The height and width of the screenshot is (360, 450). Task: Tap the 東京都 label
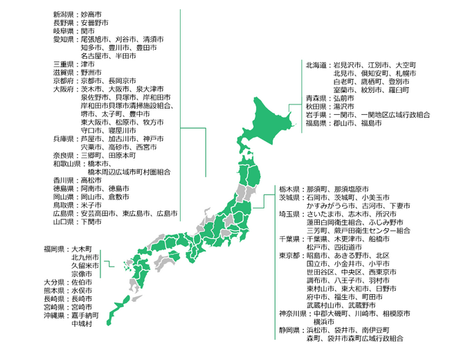click(290, 255)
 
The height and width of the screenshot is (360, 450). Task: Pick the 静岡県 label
click(290, 330)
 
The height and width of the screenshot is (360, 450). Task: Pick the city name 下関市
click(92, 222)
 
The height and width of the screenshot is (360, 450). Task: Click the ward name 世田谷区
click(322, 272)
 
